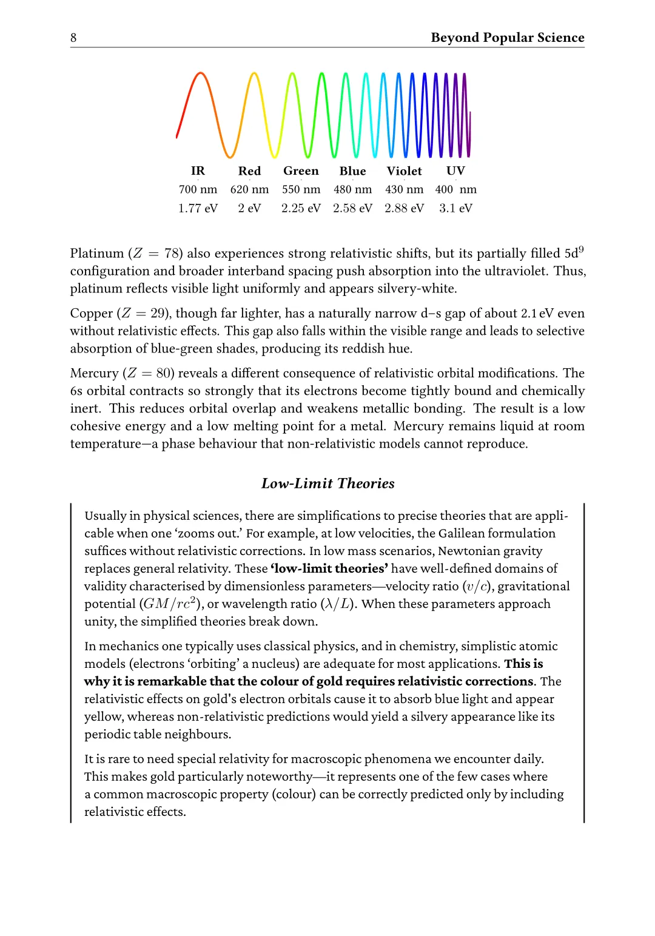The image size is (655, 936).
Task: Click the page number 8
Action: (73, 38)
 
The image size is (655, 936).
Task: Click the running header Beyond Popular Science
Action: (508, 38)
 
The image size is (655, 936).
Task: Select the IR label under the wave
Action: (198, 171)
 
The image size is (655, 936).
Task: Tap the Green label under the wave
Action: (301, 171)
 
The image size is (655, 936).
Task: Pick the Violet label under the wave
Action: (404, 171)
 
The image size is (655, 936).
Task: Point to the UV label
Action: (455, 171)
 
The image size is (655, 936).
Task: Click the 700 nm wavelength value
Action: (198, 190)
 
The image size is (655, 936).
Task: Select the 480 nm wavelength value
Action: (352, 190)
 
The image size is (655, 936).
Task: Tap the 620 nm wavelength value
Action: (249, 190)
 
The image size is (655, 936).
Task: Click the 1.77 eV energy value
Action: (198, 209)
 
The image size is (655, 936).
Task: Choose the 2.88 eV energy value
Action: (404, 209)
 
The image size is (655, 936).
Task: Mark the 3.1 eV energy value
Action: (455, 209)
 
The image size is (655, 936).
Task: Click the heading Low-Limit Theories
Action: (327, 483)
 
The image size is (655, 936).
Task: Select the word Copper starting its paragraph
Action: (92, 314)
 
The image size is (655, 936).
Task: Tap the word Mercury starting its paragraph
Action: (94, 374)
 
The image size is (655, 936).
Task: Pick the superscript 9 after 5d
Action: (581, 249)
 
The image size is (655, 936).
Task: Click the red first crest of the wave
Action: (200, 75)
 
